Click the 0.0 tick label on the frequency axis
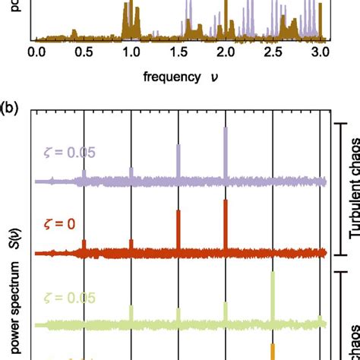(x=36, y=52)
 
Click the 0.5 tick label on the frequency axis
(x=84, y=52)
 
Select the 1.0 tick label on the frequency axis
(x=131, y=52)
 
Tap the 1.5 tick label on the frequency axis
(x=178, y=52)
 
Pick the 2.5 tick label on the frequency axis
(x=273, y=52)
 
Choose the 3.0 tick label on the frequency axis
(x=320, y=52)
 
